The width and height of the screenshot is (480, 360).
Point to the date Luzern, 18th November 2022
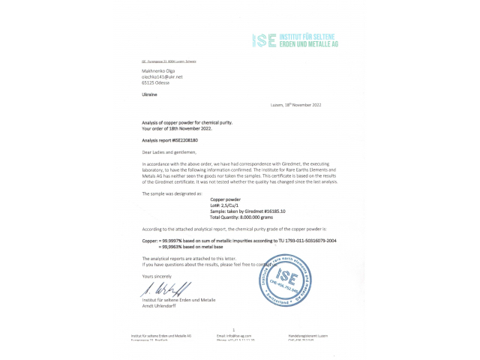(295, 105)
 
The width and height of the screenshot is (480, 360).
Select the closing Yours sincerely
(157, 276)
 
